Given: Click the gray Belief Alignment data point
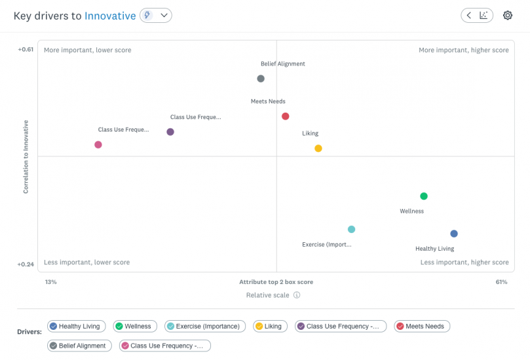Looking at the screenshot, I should [x=261, y=79].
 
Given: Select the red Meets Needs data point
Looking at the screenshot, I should [x=286, y=117].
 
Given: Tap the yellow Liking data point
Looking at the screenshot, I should [x=318, y=149].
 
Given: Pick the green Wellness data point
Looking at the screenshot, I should [x=424, y=196].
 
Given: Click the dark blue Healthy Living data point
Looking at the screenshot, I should [x=454, y=234].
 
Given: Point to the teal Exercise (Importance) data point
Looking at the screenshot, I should [x=352, y=229].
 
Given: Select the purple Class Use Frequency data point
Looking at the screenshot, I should [x=170, y=132].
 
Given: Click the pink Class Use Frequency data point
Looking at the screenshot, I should [x=98, y=145].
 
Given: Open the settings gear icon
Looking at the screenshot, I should [x=508, y=15].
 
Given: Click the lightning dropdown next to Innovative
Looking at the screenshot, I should [x=156, y=15].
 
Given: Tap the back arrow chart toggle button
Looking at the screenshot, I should [x=477, y=15].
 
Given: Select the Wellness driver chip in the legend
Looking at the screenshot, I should [x=134, y=326].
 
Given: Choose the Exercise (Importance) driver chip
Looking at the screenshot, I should [x=205, y=326].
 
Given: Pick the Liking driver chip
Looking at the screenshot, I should [x=269, y=326].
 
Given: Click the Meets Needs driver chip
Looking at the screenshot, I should [x=422, y=326].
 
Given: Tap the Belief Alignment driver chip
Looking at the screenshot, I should [x=79, y=346].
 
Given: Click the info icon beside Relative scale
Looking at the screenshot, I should [x=297, y=295].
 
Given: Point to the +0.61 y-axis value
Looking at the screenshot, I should [x=26, y=50].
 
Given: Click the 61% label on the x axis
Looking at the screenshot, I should [x=501, y=282].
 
